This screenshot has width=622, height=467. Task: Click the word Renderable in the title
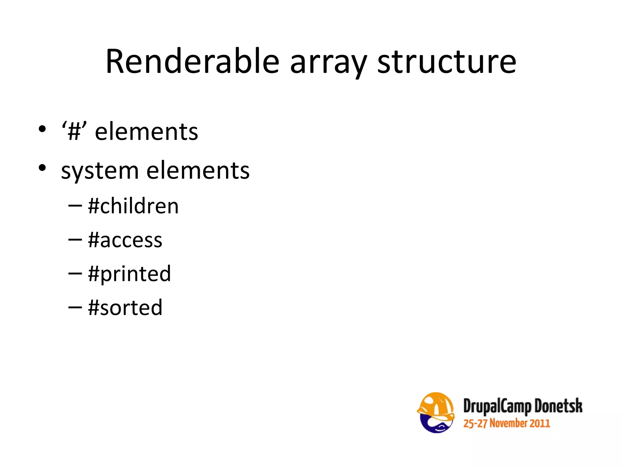192,62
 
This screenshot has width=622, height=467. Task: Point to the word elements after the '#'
146,132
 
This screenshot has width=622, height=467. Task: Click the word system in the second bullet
100,171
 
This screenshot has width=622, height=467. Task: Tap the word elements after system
198,171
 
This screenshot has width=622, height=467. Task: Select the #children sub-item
133,206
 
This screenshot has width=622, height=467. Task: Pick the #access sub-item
125,240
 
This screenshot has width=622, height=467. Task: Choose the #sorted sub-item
125,308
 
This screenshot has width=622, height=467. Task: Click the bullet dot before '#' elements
42,129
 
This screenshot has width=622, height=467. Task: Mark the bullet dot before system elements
42,168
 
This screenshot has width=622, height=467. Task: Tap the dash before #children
75,206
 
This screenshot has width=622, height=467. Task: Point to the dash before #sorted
75,307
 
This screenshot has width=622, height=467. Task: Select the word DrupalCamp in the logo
497,407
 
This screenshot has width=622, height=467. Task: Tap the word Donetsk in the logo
558,406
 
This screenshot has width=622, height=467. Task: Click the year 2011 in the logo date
540,423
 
